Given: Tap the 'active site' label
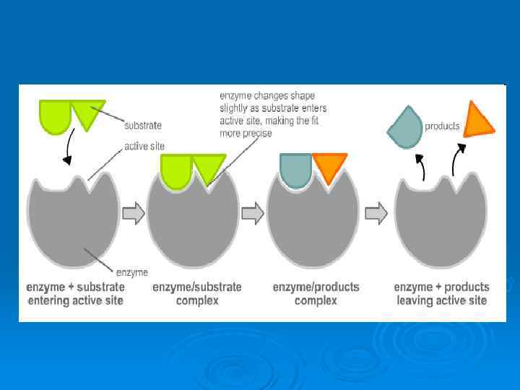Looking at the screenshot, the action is (x=144, y=146).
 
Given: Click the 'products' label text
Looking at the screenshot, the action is (x=442, y=126).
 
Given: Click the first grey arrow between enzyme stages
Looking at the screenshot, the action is (x=134, y=213).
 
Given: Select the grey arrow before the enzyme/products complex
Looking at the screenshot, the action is (x=252, y=213).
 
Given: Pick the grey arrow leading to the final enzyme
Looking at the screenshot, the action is (x=376, y=213).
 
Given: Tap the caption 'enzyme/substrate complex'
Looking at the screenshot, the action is (x=196, y=293).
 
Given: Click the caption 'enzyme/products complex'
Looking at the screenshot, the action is (x=316, y=293).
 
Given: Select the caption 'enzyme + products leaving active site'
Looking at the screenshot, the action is (x=441, y=293).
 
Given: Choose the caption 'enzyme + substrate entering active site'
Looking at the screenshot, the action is (x=75, y=293).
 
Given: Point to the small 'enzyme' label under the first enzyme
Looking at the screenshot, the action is (x=132, y=272).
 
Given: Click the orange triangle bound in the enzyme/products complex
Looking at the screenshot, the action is (x=329, y=165).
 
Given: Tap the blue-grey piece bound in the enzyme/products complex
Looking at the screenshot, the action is (x=295, y=170).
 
